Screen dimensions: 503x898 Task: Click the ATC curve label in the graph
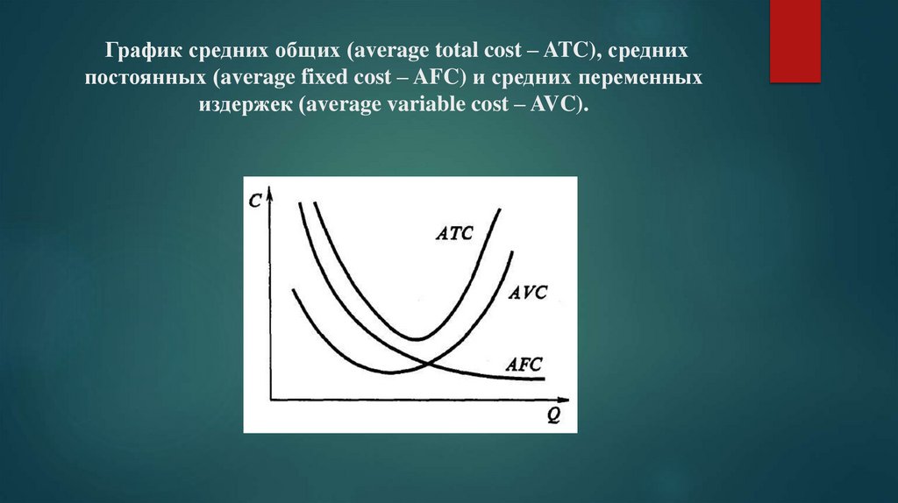[454, 233]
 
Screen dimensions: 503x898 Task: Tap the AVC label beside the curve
[527, 292]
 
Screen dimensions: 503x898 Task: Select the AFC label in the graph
[524, 363]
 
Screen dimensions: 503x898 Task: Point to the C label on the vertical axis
[255, 200]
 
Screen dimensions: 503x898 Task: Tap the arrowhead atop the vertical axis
[274, 190]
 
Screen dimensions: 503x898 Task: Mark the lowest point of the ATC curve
[418, 337]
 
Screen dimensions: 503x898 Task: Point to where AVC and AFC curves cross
[426, 362]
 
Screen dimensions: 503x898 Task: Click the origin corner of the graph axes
[274, 400]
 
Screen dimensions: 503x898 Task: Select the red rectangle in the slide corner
[795, 41]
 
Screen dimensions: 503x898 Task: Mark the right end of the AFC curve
[545, 379]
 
